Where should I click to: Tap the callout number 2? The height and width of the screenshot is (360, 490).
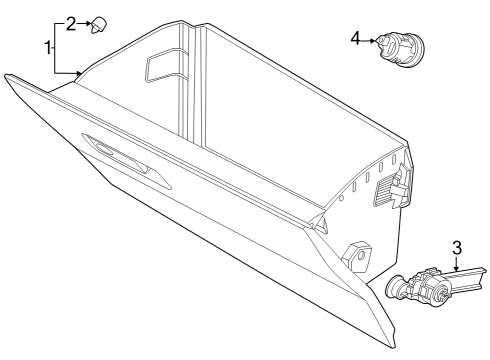[71, 22]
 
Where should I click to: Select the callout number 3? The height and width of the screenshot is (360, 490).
[456, 245]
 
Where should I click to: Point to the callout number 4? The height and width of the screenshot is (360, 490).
[355, 39]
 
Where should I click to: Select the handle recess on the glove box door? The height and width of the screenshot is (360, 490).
[120, 158]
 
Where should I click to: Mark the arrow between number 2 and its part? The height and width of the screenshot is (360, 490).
[88, 22]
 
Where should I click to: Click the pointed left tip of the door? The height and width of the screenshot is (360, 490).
[8, 77]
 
